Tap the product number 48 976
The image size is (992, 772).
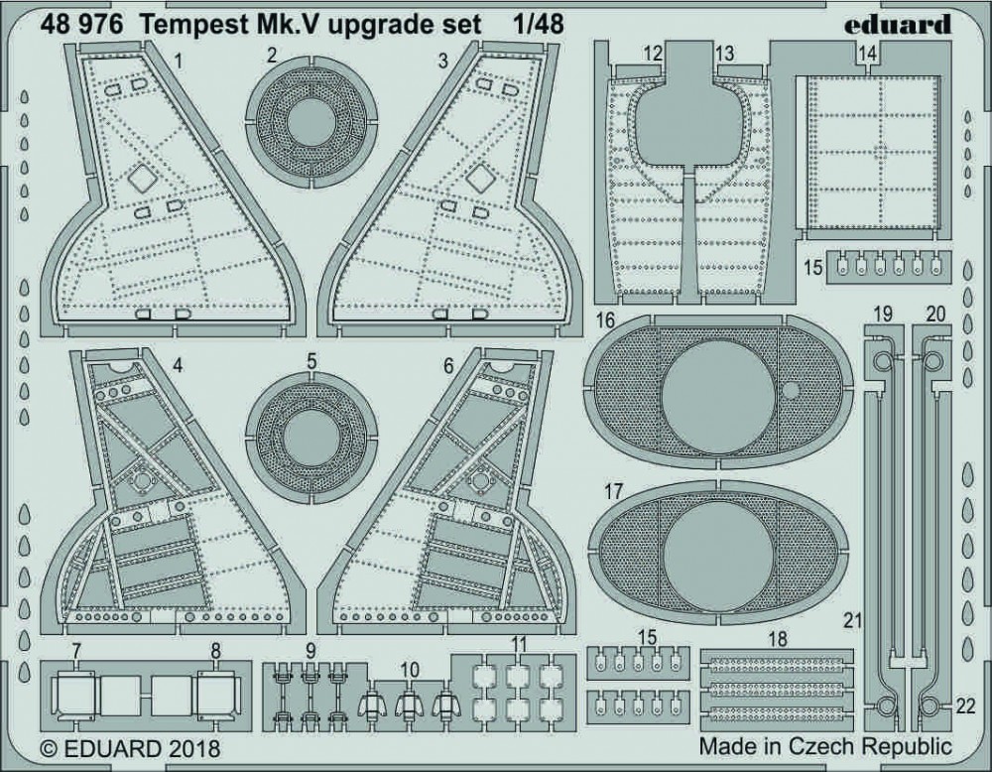(x=80, y=24)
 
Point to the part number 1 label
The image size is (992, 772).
(x=178, y=62)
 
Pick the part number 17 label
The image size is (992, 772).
(x=612, y=491)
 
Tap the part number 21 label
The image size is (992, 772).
(x=848, y=622)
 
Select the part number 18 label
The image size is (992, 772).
(x=778, y=641)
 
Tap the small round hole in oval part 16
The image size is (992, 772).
(x=791, y=390)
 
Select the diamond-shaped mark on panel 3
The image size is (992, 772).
(x=481, y=178)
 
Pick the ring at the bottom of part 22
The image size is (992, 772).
(x=931, y=706)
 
